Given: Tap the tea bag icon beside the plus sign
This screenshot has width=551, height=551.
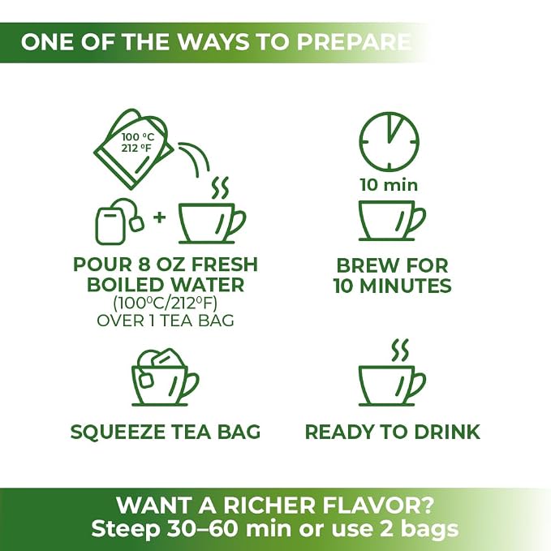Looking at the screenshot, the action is click(x=119, y=222).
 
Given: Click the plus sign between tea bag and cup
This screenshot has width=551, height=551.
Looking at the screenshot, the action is click(x=160, y=217).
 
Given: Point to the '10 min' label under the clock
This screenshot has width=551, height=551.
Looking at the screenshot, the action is click(x=389, y=185).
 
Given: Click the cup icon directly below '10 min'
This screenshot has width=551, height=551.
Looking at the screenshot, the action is click(x=392, y=221).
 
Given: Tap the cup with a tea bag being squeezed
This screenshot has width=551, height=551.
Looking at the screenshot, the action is click(x=166, y=377).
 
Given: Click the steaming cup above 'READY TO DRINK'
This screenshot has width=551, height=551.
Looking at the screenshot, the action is click(x=392, y=372).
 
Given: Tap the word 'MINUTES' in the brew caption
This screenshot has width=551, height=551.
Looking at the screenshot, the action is click(x=405, y=286).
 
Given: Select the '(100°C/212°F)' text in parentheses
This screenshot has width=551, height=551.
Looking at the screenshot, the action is click(x=166, y=303).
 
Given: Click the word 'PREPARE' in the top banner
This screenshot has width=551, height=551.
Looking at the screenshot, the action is click(x=354, y=42).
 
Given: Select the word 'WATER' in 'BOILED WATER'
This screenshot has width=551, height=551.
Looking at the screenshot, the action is click(x=207, y=284).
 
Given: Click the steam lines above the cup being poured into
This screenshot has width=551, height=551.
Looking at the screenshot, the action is click(x=220, y=188).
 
